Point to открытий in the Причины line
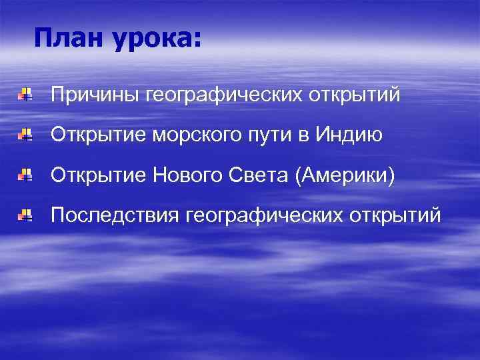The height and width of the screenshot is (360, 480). click(x=353, y=96)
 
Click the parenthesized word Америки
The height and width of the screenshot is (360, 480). click(x=349, y=177)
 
